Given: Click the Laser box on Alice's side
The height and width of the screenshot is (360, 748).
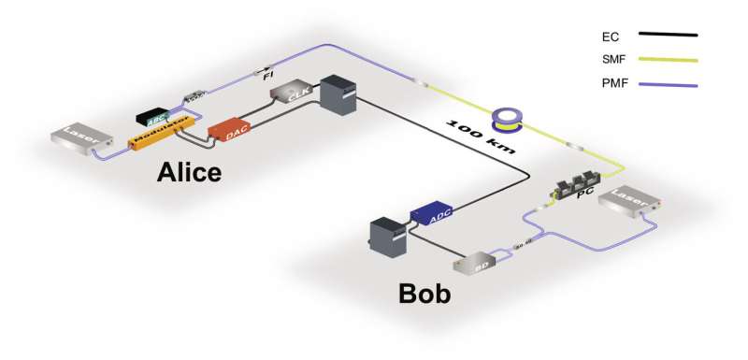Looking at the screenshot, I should (79, 137).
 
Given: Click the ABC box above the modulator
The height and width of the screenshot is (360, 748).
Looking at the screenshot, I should (152, 115).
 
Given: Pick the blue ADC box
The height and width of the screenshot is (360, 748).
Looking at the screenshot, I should (432, 213).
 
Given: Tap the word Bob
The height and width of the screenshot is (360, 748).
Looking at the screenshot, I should (424, 295).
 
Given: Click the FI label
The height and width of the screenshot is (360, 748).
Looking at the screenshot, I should (268, 75).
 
